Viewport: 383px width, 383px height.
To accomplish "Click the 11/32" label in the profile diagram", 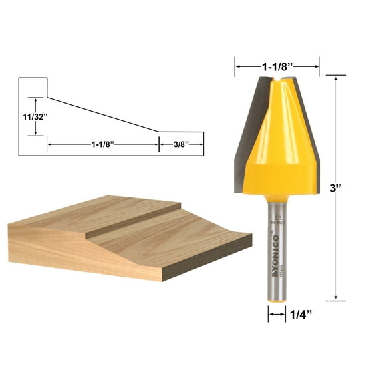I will coord(32,116).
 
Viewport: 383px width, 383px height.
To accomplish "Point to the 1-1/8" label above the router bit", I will coord(277,66).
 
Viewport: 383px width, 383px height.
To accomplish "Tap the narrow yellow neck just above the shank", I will coord(278,197).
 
